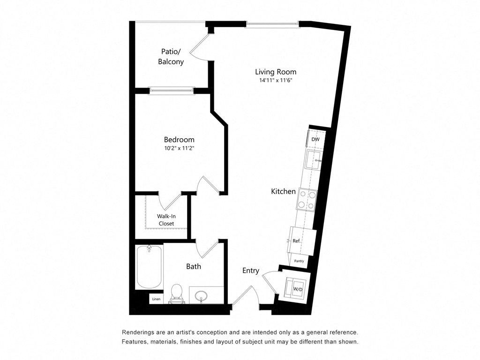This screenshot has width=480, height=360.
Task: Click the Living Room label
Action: (276, 72)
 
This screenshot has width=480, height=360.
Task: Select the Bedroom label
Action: (179, 140)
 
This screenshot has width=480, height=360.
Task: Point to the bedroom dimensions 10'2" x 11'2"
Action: (179, 149)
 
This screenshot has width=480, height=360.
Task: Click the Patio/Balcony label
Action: (171, 57)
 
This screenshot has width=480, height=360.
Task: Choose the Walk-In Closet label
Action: (166, 220)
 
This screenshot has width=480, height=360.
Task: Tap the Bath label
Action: (194, 266)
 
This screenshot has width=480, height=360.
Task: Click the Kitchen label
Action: (284, 191)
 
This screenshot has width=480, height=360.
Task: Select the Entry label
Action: (251, 270)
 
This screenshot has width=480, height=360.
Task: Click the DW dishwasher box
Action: (315, 139)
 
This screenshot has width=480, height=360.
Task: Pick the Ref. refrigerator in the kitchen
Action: (300, 240)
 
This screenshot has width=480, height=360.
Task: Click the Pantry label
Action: (299, 261)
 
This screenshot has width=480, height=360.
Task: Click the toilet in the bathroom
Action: (177, 293)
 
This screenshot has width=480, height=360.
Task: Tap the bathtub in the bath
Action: (149, 267)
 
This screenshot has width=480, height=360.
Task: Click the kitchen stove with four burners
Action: (307, 199)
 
